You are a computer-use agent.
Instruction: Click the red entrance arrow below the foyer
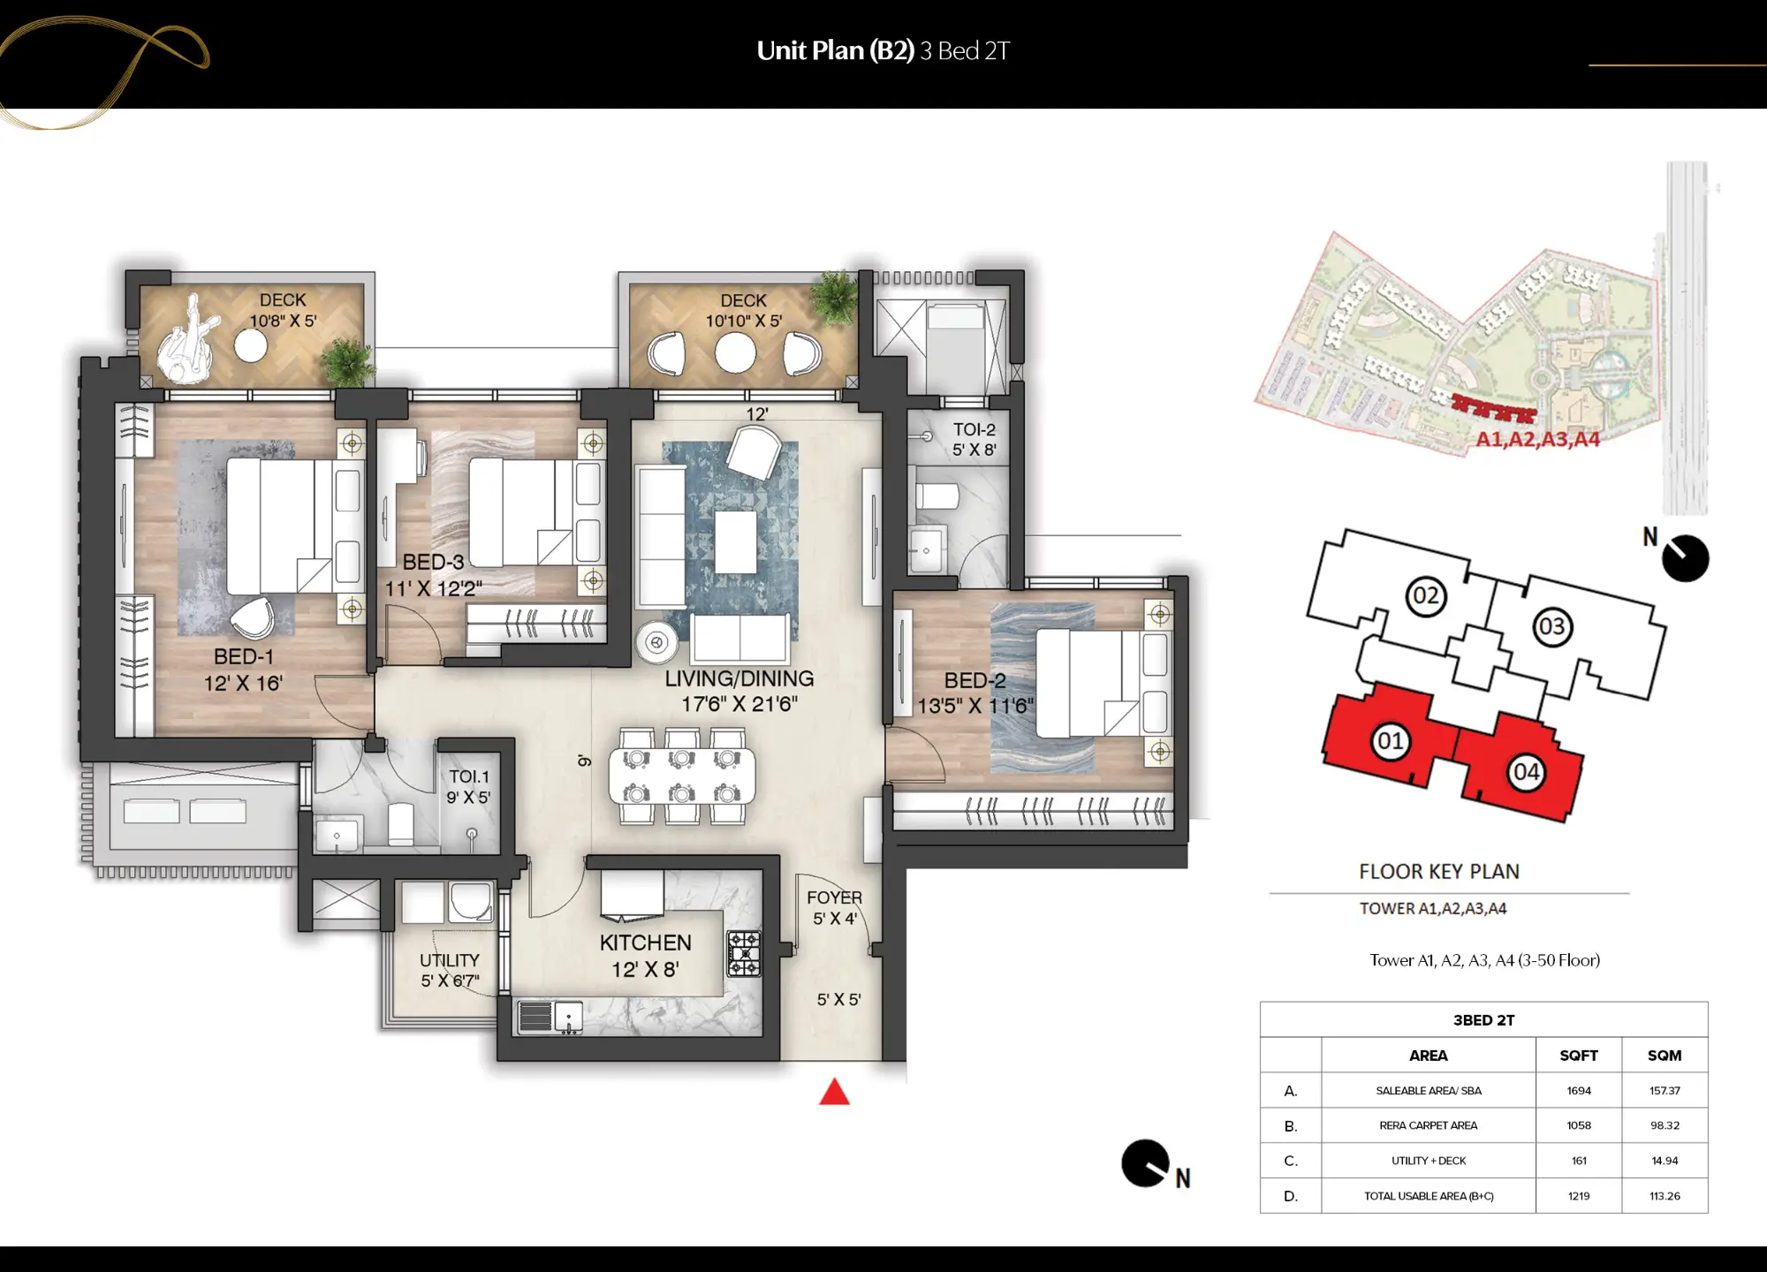(x=834, y=1094)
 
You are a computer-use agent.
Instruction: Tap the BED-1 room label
(x=243, y=657)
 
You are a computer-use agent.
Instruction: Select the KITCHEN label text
(x=645, y=943)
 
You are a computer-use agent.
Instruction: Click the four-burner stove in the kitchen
(x=743, y=953)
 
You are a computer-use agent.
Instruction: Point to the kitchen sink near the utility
(x=568, y=1017)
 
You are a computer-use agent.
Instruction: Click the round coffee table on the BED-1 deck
(x=251, y=346)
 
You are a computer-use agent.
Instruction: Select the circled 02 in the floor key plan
(x=1425, y=595)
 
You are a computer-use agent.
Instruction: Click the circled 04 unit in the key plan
(x=1526, y=772)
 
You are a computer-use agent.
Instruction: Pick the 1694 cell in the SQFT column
(x=1578, y=1091)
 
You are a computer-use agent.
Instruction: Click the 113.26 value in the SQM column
(x=1664, y=1196)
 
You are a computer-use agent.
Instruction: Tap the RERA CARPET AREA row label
(x=1428, y=1125)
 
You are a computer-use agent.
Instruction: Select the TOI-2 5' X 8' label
(x=974, y=439)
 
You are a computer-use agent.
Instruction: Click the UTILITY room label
(x=450, y=960)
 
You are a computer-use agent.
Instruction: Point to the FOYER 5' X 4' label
(x=834, y=907)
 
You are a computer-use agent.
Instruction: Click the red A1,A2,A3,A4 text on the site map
(x=1537, y=439)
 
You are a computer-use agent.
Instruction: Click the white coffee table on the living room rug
(x=735, y=541)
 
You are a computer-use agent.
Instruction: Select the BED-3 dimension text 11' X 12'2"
(x=433, y=588)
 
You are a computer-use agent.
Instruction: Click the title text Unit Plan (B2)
(x=835, y=50)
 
